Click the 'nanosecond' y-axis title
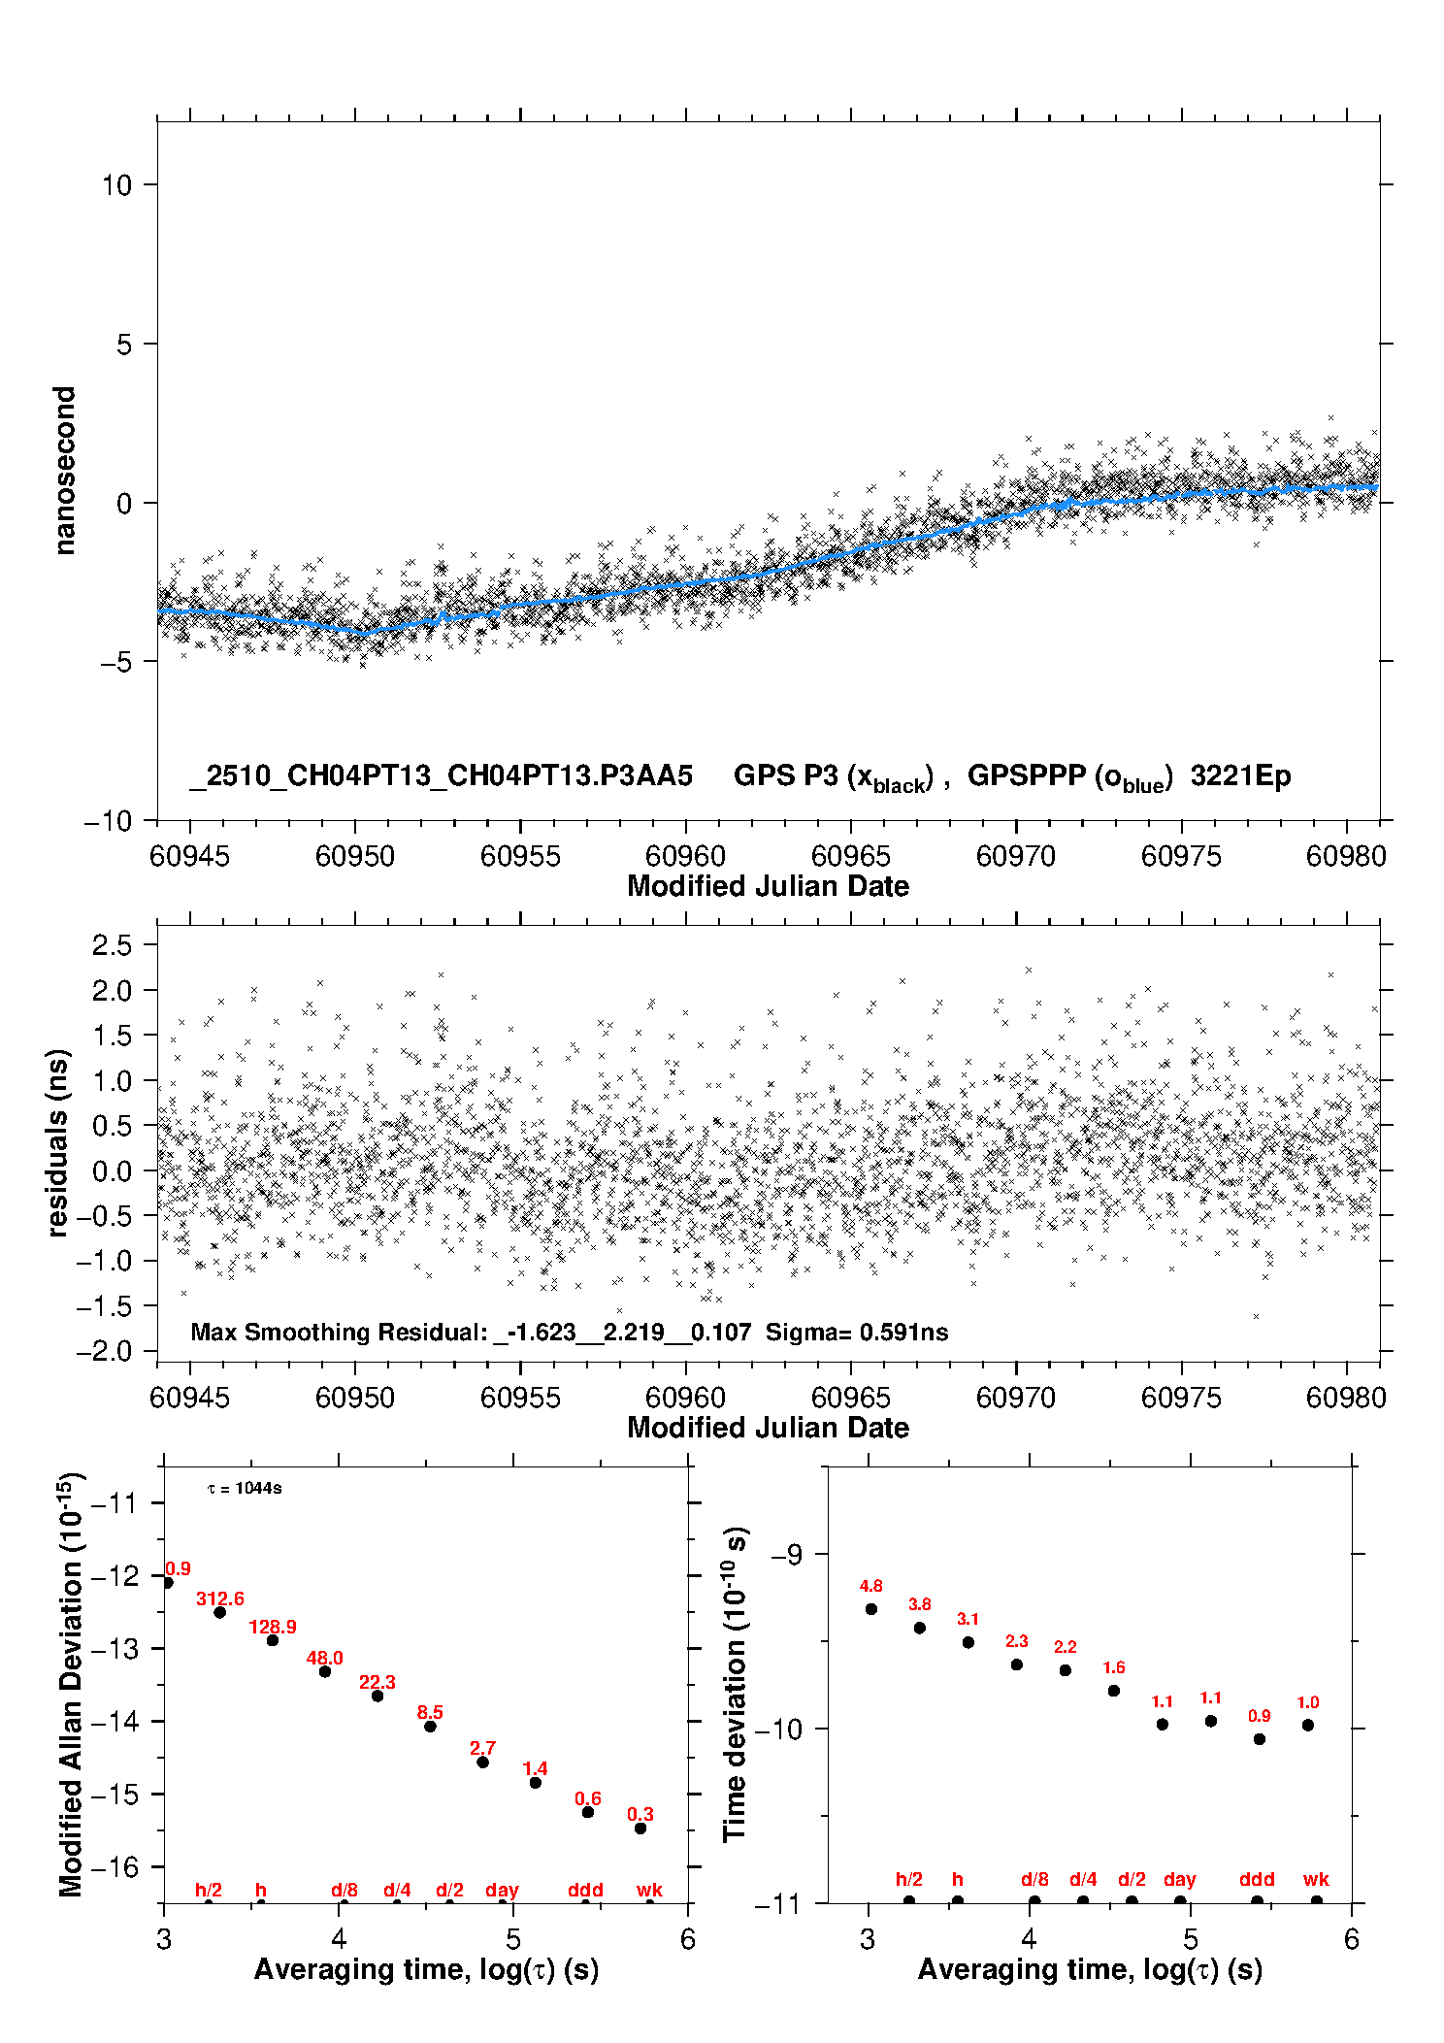click(x=65, y=471)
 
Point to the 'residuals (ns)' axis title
click(x=58, y=1142)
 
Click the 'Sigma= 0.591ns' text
click(x=856, y=1332)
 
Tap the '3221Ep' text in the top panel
click(x=1240, y=776)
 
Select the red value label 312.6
click(x=220, y=1598)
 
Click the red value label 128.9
click(x=273, y=1627)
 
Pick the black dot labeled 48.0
click(x=325, y=1671)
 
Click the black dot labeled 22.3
click(x=377, y=1696)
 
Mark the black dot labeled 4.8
click(x=871, y=1609)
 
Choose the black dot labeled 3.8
click(x=920, y=1628)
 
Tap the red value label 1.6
click(x=1114, y=1667)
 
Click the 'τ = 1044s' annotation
click(x=245, y=1489)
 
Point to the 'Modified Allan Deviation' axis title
click(x=71, y=1684)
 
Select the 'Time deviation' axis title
click(x=735, y=1684)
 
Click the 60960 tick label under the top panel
click(x=685, y=856)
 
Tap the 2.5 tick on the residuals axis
click(x=112, y=945)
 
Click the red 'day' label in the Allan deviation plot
click(x=502, y=1890)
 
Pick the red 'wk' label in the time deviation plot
click(x=1316, y=1879)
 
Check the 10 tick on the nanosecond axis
click(x=116, y=185)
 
